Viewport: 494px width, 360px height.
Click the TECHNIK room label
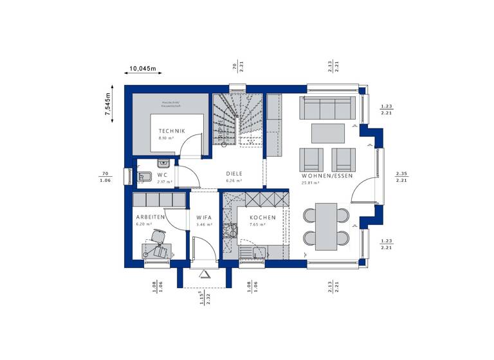point(172,131)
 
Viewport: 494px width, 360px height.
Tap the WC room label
point(163,174)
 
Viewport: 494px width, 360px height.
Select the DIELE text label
point(233,174)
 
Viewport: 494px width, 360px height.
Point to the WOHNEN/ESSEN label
point(327,175)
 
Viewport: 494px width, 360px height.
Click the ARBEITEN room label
point(150,217)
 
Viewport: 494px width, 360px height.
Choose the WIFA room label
point(205,217)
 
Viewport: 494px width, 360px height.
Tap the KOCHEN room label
point(262,217)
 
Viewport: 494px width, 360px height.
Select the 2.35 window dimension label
point(402,174)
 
